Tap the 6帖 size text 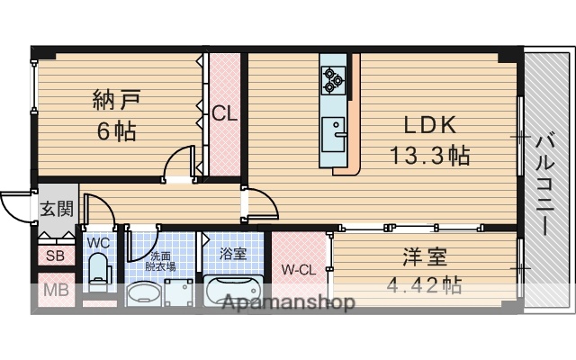(117, 131)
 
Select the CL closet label (224, 114)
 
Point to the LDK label (428, 123)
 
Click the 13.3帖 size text (429, 155)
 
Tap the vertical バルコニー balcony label (545, 184)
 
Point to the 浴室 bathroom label (232, 254)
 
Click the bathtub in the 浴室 (232, 292)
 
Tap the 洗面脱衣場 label (162, 261)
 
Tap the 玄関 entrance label (55, 210)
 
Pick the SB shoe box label (54, 255)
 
